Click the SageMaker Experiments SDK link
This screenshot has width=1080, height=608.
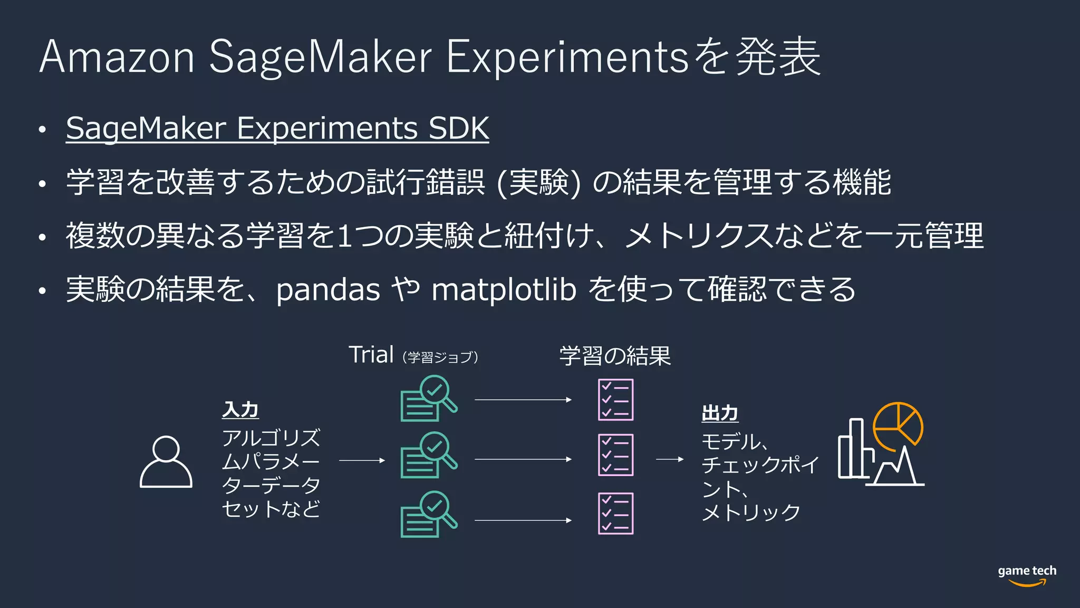[277, 128]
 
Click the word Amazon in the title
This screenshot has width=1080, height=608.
[117, 56]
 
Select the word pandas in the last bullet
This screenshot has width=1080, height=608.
[327, 290]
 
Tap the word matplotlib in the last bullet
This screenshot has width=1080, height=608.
[504, 290]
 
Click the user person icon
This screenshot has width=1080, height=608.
[166, 462]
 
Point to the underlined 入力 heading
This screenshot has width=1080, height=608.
[240, 410]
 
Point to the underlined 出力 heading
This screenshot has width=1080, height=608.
[720, 413]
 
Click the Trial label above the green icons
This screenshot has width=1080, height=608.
[371, 355]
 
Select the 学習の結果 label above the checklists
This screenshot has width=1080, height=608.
[615, 356]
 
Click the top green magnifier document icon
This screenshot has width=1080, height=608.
[428, 398]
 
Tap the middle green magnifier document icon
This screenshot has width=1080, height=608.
[428, 455]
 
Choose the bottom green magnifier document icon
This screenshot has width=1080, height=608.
[428, 515]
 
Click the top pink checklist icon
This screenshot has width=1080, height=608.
[615, 400]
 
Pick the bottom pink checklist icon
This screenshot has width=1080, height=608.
[615, 514]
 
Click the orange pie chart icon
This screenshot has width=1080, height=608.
[898, 425]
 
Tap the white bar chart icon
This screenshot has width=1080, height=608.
[854, 449]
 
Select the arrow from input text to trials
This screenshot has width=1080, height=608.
[362, 460]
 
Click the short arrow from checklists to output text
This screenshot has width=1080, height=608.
[670, 459]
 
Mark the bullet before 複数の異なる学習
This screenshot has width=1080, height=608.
[43, 237]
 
